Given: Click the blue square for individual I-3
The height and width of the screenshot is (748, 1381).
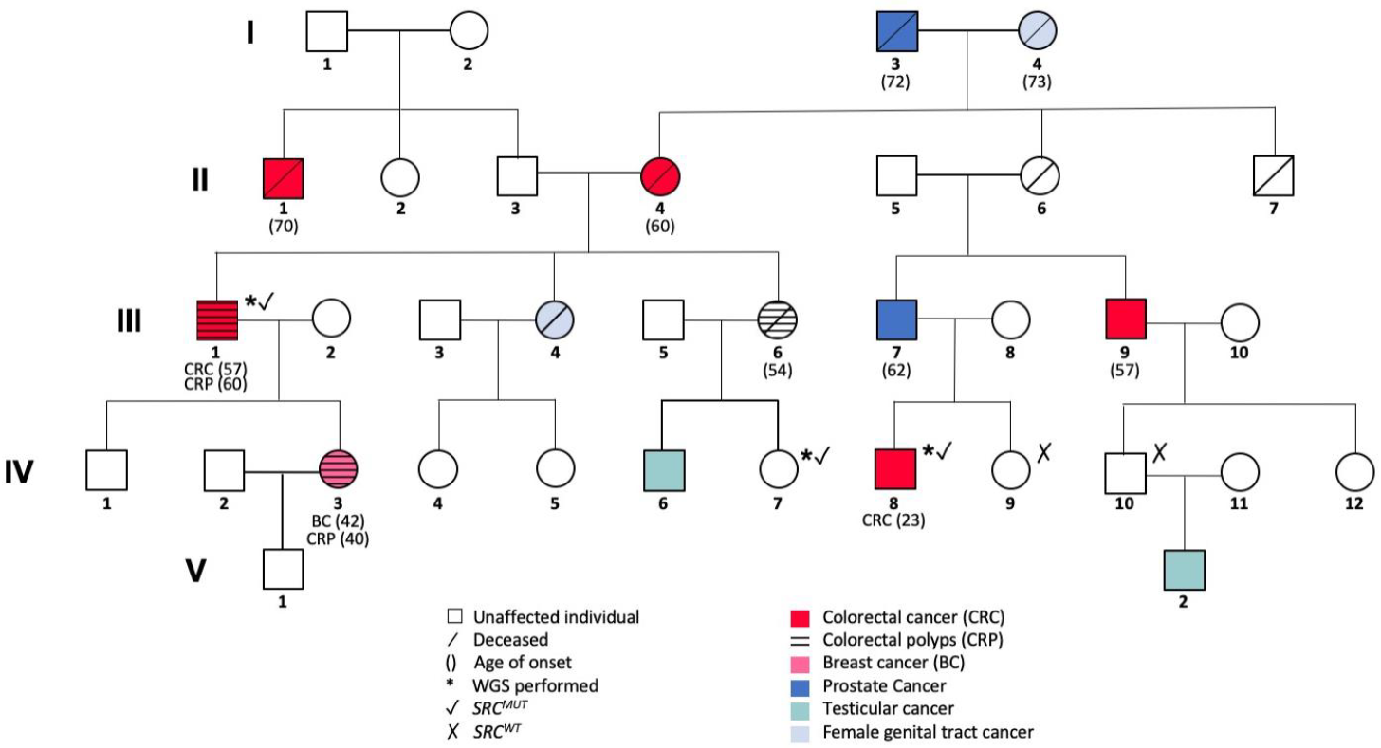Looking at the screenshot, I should [x=895, y=31].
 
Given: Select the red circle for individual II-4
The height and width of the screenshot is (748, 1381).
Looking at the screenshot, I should [x=662, y=177].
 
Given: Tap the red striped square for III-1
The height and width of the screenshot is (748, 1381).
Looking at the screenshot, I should [x=217, y=319].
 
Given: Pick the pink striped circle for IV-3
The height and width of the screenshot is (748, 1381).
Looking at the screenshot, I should [x=340, y=468].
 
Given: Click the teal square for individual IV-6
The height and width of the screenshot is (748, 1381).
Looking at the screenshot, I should [x=662, y=468].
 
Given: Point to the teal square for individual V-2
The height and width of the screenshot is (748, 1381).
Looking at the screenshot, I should [x=1185, y=568].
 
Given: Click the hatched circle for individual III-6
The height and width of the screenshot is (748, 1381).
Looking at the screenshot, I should [x=778, y=319].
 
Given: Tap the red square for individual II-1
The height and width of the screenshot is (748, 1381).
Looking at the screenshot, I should [x=284, y=177].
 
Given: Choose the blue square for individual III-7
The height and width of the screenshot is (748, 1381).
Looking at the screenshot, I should [x=895, y=319].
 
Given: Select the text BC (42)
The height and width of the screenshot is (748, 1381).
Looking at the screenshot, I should [x=339, y=521].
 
